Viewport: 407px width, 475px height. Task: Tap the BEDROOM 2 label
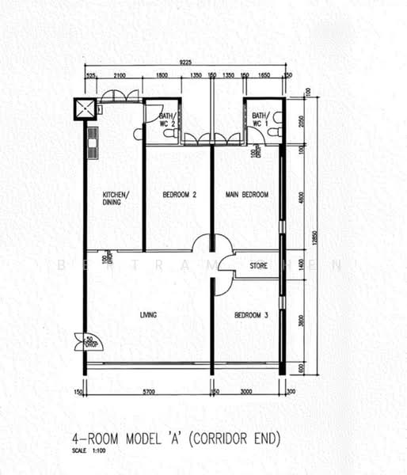coord(179,195)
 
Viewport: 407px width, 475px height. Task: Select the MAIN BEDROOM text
coord(246,195)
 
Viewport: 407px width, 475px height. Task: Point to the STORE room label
coord(259,265)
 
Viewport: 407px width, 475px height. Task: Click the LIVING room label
coord(148,315)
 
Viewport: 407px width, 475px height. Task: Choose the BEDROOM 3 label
coord(251,316)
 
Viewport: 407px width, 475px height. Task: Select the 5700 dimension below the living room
coord(148,390)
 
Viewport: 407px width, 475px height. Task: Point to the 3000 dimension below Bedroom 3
coord(247,390)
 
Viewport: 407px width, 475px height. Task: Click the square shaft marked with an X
coord(82,108)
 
